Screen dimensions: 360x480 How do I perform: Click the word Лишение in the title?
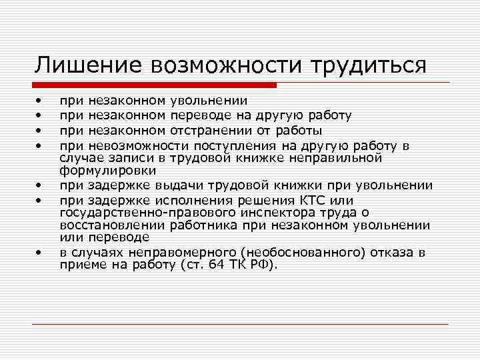tap(89, 65)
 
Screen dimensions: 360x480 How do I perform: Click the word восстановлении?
tap(108, 225)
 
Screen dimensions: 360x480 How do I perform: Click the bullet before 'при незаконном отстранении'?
tap(39, 129)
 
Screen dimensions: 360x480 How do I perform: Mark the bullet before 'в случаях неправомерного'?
tap(39, 253)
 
